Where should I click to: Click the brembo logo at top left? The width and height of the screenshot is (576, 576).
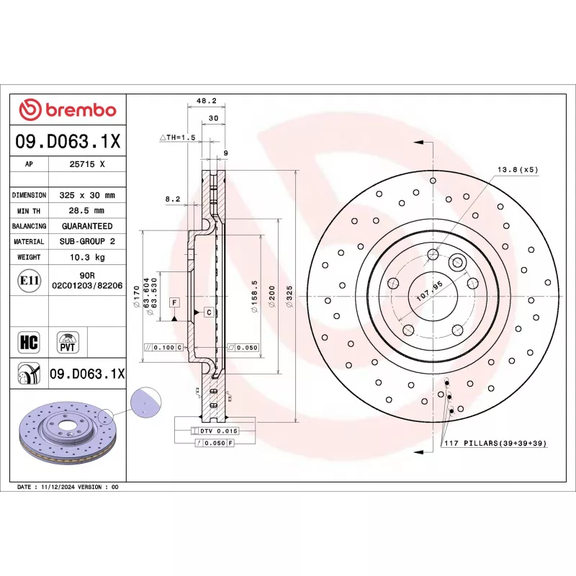[x=67, y=109]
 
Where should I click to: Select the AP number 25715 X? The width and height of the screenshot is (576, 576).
[x=86, y=164]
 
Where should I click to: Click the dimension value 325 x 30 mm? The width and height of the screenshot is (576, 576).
[x=86, y=195]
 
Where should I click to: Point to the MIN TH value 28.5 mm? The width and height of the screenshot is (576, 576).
[x=86, y=211]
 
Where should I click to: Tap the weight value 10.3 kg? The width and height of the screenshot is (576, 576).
[x=86, y=257]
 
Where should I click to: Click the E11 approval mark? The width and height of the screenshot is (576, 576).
[x=29, y=280]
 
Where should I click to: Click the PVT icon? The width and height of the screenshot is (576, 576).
[x=67, y=341]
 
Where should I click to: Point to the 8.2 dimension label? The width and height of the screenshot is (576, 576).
[x=172, y=198]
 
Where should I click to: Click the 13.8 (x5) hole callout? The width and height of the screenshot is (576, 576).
[x=517, y=169]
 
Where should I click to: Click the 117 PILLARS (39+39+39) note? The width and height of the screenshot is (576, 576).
[x=495, y=443]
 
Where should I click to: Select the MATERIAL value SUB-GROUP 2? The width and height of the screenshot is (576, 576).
[x=86, y=242]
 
